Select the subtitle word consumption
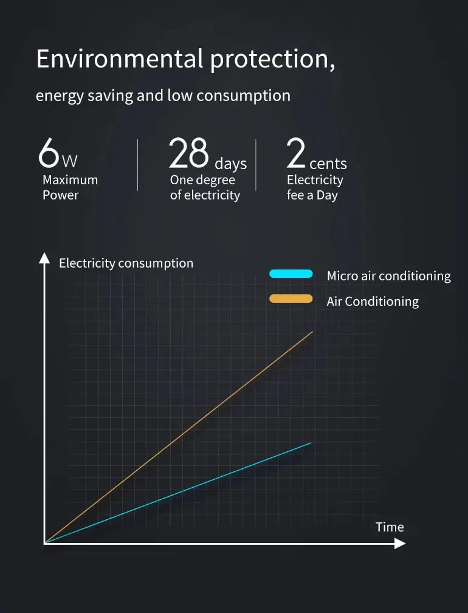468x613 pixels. [243, 96]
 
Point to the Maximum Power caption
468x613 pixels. [69, 187]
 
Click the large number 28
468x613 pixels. [188, 153]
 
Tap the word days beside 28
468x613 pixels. [230, 164]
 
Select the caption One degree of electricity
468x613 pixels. [205, 187]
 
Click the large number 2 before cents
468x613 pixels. [296, 153]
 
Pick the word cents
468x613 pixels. [328, 164]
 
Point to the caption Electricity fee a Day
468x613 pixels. [314, 187]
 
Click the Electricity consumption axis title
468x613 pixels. [126, 263]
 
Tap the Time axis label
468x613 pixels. [390, 527]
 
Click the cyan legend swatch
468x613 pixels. [291, 274]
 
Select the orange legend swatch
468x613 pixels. [291, 299]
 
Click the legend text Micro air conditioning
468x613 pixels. [388, 276]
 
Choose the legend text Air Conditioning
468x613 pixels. [373, 302]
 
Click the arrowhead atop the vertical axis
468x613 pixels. [44, 258]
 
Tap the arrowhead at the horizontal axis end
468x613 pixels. [400, 543]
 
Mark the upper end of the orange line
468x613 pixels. [312, 332]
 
